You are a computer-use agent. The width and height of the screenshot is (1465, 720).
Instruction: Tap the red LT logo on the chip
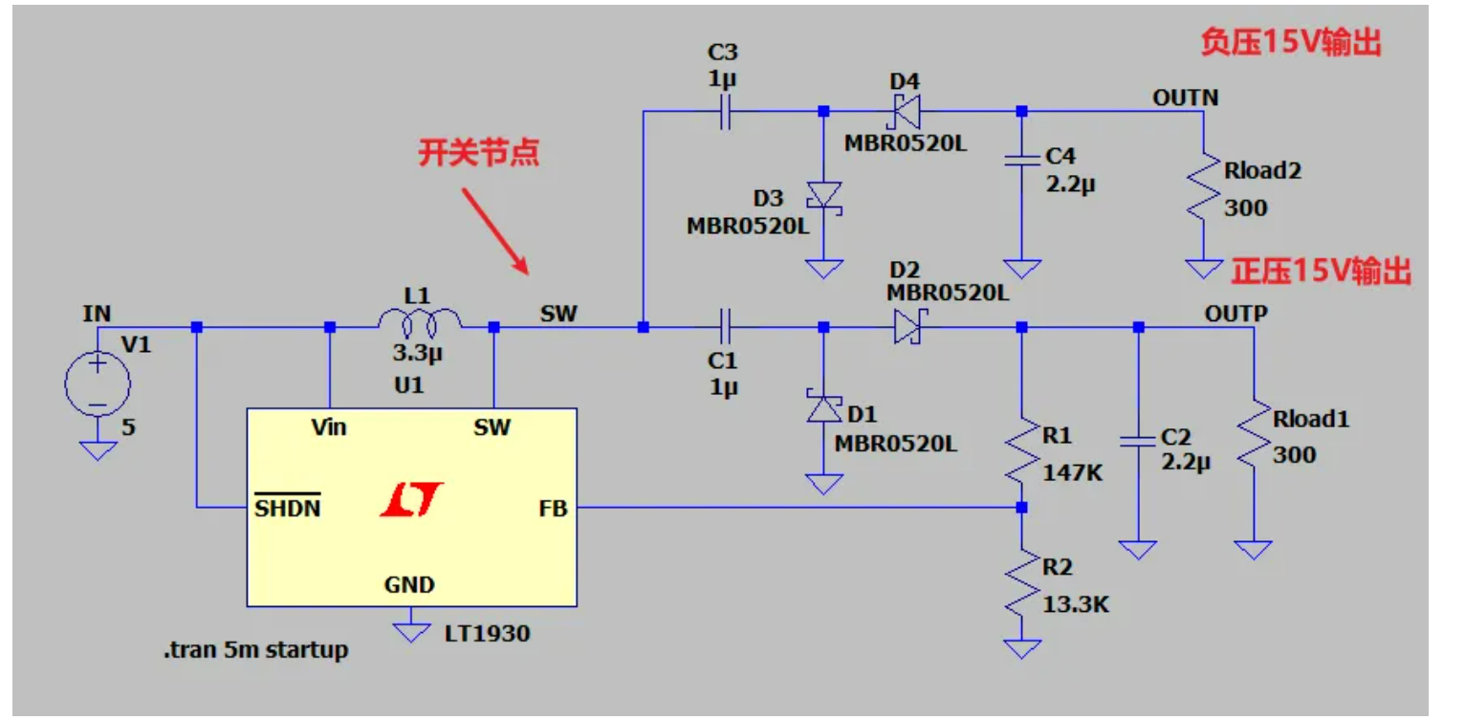pyautogui.click(x=411, y=500)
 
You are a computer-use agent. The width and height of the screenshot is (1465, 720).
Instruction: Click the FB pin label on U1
pyautogui.click(x=553, y=508)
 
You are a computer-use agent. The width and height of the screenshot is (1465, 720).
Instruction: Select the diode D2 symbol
pyautogui.click(x=906, y=327)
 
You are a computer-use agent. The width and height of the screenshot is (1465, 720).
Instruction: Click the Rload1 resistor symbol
pyautogui.click(x=1252, y=435)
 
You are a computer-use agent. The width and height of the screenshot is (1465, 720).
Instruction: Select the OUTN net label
pyautogui.click(x=1185, y=98)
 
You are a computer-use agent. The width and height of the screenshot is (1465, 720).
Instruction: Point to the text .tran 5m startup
pyautogui.click(x=255, y=651)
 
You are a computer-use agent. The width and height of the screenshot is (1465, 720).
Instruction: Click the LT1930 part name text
pyautogui.click(x=487, y=633)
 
